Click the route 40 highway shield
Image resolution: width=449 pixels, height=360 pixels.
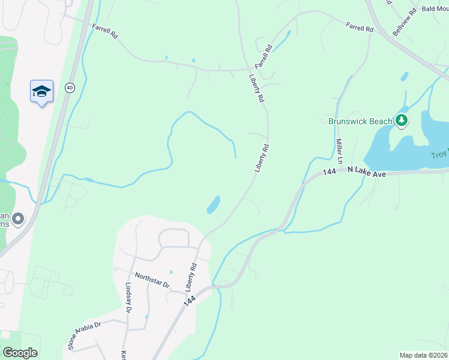click(70, 88)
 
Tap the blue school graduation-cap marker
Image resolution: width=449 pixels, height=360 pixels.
click(41, 92)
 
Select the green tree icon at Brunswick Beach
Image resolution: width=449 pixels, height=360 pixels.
click(402, 121)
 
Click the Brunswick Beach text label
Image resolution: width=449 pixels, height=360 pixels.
click(360, 121)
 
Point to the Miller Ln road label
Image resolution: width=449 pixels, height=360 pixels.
click(339, 152)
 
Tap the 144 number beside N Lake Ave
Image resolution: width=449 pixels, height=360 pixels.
click(328, 172)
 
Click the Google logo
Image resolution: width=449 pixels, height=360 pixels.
click(20, 352)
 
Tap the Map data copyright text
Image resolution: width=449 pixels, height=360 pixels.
click(423, 355)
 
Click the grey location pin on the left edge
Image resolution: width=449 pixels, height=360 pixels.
click(18, 220)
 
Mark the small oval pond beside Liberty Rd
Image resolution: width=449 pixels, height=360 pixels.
click(213, 205)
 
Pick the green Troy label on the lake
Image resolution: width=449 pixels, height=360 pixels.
click(439, 155)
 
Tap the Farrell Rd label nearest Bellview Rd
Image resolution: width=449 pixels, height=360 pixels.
click(358, 26)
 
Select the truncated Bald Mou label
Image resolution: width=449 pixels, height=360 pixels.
click(435, 8)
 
